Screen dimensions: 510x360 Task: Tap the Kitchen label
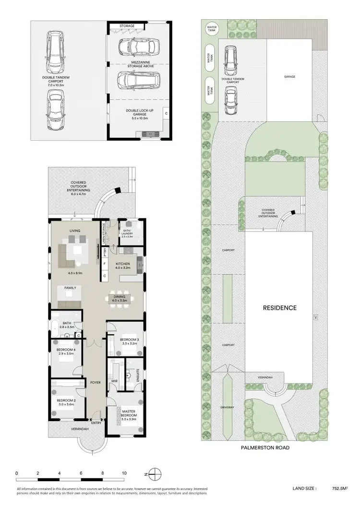click(123, 266)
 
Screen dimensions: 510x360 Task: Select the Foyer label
click(95, 383)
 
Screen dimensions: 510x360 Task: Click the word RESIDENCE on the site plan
click(279, 307)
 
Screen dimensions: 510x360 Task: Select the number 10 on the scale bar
click(124, 473)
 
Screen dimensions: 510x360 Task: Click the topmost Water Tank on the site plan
click(211, 28)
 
